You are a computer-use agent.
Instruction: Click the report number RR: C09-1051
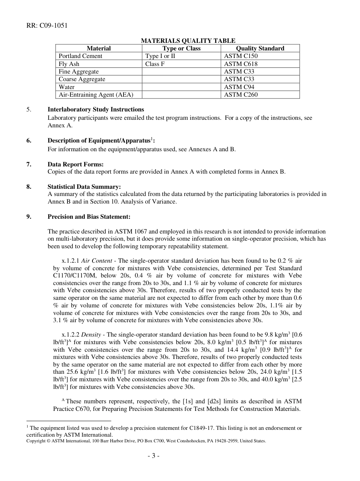tap(47, 26)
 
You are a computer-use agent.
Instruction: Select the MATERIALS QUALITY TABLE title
tap(188, 41)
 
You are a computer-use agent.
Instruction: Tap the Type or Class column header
tap(181, 48)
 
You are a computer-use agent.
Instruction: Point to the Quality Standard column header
tap(260, 48)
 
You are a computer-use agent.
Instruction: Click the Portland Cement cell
tap(80, 56)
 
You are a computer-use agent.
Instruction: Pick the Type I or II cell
tap(160, 56)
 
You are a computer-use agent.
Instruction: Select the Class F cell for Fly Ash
tap(155, 64)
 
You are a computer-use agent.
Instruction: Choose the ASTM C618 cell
tap(241, 64)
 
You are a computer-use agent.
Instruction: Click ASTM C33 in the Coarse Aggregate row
tap(239, 79)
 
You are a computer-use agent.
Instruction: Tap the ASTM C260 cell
tap(241, 95)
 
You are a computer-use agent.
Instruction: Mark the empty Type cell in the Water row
tap(181, 87)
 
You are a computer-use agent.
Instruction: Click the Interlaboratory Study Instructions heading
tap(95, 110)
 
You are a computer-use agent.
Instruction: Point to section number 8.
tap(29, 186)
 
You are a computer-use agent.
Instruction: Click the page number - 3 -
tap(153, 456)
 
